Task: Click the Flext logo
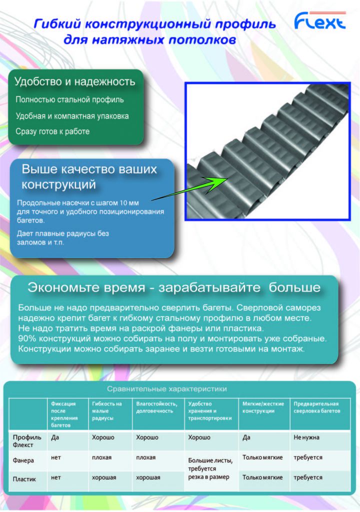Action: click(x=319, y=21)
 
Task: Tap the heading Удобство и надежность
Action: click(x=75, y=81)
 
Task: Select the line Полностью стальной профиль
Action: click(x=69, y=99)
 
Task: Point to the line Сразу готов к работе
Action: click(x=52, y=131)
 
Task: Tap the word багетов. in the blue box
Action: click(x=31, y=220)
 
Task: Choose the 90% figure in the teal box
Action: click(x=27, y=338)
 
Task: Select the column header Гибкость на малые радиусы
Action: click(x=107, y=411)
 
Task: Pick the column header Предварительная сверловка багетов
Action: click(x=316, y=407)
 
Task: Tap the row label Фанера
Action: click(x=23, y=460)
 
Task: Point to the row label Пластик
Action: click(x=24, y=479)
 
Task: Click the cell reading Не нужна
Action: click(x=306, y=437)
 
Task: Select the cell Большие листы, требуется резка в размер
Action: click(x=210, y=468)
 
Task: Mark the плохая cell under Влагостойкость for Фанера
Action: click(x=145, y=457)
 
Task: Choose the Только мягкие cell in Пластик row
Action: click(x=262, y=477)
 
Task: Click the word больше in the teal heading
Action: click(x=294, y=287)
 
